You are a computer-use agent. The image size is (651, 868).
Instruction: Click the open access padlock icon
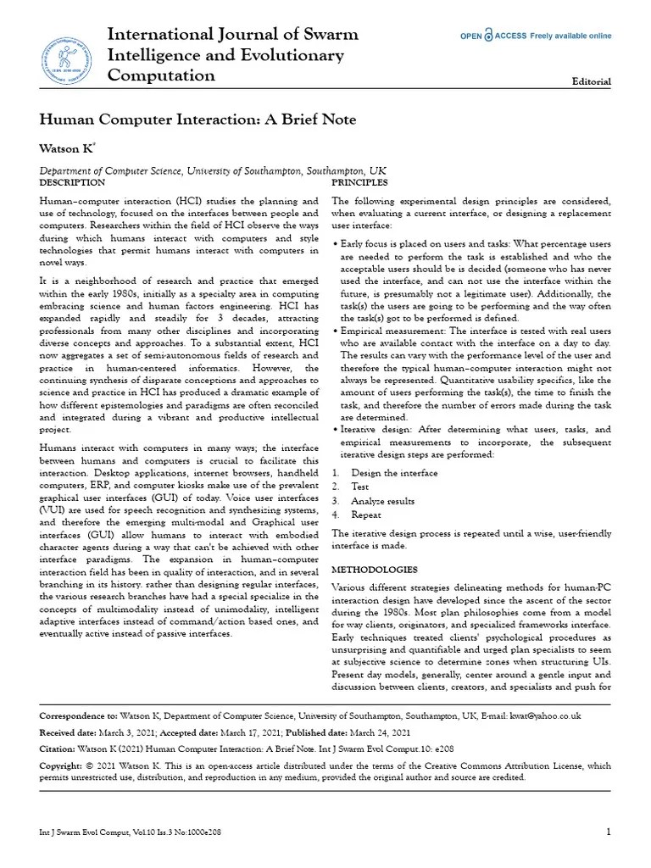[x=512, y=36]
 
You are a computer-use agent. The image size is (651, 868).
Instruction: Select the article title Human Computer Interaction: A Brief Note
[x=198, y=120]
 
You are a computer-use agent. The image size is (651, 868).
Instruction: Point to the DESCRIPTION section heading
[x=73, y=182]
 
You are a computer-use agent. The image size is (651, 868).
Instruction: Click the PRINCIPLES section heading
[x=359, y=182]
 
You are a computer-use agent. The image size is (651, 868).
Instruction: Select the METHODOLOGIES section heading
[x=374, y=569]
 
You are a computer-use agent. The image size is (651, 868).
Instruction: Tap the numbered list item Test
[x=360, y=487]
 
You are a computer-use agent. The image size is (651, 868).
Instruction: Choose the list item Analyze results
[x=383, y=501]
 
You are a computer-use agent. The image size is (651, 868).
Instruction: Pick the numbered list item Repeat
[x=366, y=515]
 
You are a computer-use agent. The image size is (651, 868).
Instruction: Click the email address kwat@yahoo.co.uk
[x=545, y=716]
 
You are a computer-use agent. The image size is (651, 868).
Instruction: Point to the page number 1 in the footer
[x=609, y=832]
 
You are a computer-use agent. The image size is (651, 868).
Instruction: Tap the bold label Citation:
[x=60, y=749]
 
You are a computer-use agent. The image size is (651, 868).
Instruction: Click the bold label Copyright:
[x=64, y=765]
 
